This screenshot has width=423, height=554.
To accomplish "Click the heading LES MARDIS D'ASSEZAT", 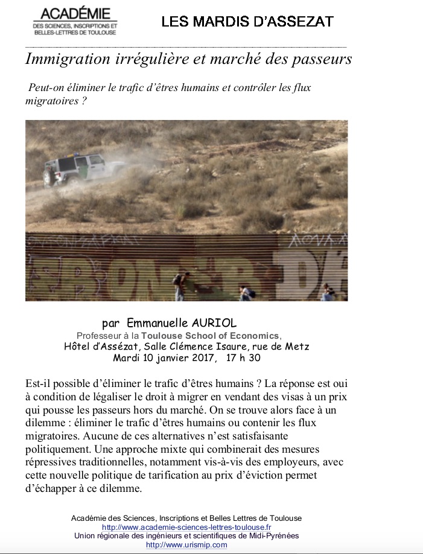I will click(x=247, y=22).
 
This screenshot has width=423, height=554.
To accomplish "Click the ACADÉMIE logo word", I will click(x=75, y=14).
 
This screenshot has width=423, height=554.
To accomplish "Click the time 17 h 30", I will click(x=243, y=357).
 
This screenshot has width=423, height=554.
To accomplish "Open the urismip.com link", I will click(x=186, y=545).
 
